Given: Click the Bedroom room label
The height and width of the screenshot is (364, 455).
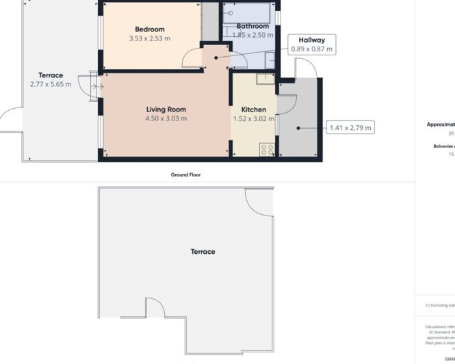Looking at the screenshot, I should point(149,29).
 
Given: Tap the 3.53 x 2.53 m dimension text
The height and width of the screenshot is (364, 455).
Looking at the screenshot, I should point(149,38).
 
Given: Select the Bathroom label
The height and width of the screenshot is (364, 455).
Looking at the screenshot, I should point(252,26).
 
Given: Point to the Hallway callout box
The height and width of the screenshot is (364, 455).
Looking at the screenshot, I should point(311,44).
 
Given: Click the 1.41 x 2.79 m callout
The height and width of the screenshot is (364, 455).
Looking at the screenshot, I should point(350,127).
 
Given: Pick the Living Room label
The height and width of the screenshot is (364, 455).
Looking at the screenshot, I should point(166,109).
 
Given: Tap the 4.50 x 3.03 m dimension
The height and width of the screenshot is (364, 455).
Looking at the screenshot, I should point(166,118).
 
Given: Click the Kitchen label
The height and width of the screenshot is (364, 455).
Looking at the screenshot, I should point(253,109).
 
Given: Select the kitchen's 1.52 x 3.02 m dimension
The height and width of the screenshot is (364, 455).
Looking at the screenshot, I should point(253,118).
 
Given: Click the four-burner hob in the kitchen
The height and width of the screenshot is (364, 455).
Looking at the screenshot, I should point(267,149).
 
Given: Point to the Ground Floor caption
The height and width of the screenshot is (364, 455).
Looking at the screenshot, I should point(185,174).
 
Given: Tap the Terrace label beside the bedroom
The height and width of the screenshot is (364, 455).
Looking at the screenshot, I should point(51,75).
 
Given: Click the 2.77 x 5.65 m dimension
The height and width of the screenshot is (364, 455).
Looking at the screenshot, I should point(51,84).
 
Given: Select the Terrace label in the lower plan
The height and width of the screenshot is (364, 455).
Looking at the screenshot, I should point(203,252).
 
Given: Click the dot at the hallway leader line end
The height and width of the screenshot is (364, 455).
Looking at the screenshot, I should point(216,58).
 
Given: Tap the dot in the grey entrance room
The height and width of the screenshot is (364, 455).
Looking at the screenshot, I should point(298,127).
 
